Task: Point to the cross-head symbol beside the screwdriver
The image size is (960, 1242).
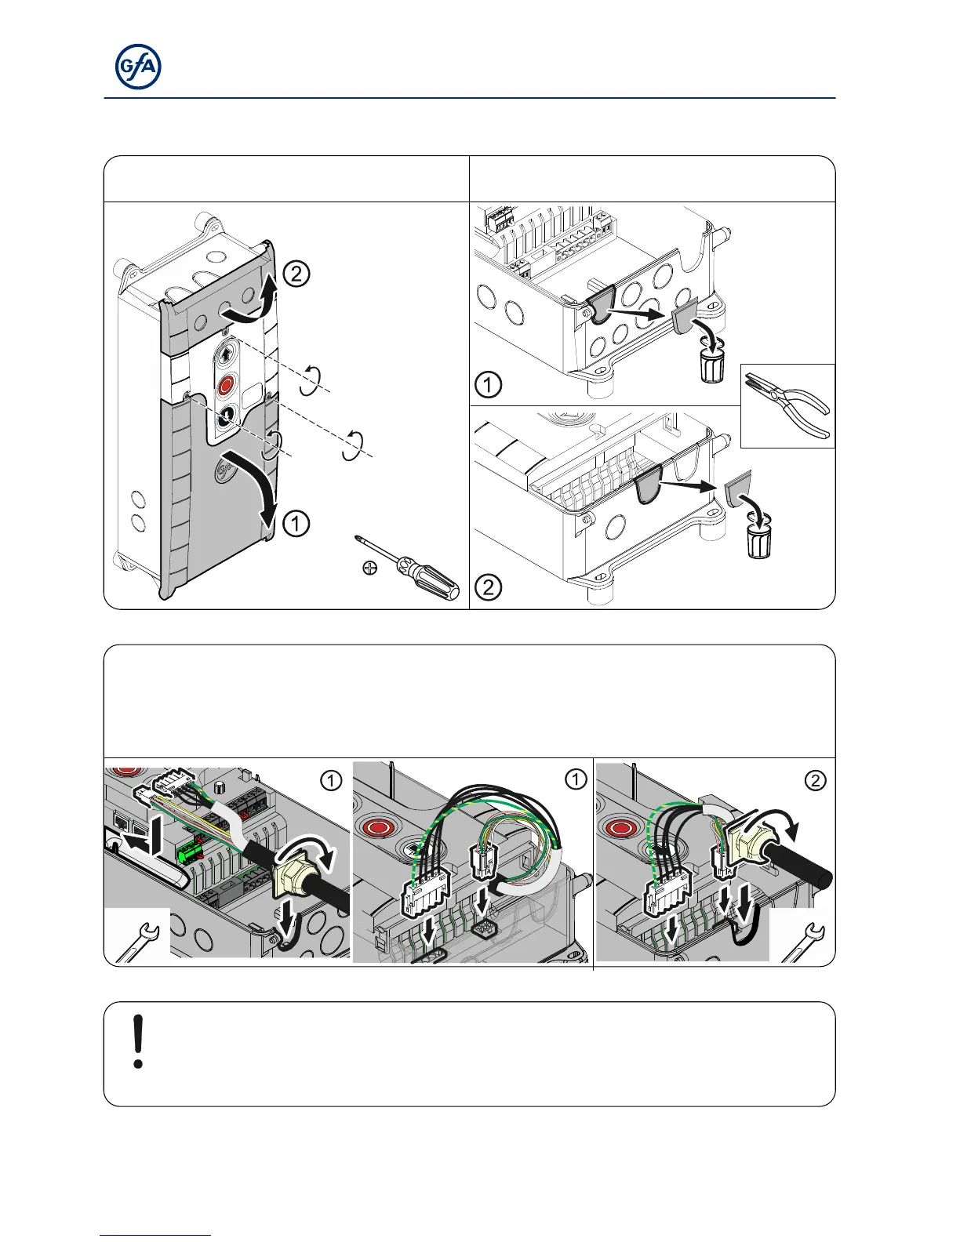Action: (370, 568)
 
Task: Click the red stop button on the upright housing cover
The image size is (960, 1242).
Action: (227, 385)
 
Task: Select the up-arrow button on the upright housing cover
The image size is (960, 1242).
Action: (227, 354)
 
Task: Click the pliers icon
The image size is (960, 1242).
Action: (787, 405)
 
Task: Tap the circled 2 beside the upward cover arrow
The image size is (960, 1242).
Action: (296, 274)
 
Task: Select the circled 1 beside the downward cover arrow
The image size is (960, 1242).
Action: (296, 524)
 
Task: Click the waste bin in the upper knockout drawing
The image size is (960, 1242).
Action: (712, 365)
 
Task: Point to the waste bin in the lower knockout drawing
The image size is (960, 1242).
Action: (758, 542)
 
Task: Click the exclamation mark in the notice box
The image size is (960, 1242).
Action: (139, 1041)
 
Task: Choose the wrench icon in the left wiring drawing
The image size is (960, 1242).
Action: (137, 938)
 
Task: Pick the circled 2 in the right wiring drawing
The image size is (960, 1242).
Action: (816, 780)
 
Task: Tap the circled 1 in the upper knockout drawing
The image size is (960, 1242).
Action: (489, 385)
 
